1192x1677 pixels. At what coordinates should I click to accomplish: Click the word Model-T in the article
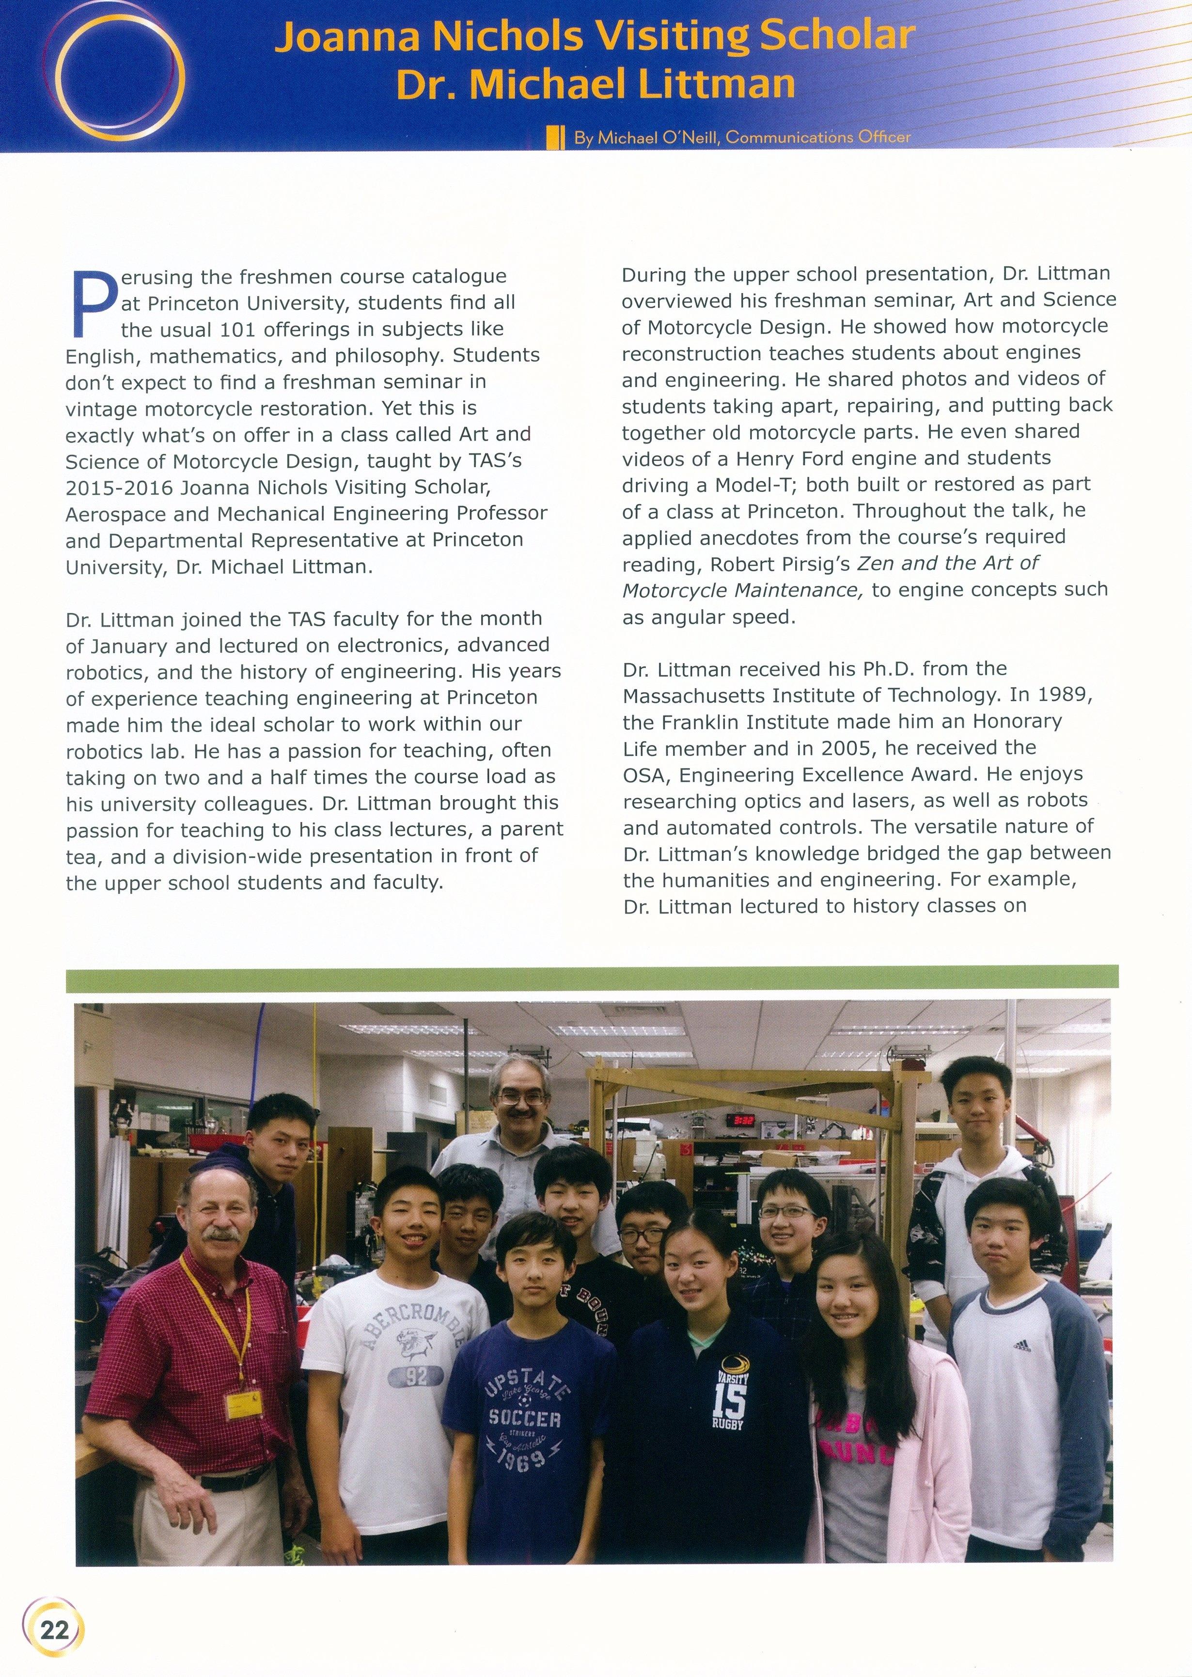pyautogui.click(x=756, y=485)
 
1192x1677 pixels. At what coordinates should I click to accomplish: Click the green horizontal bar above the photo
pyautogui.click(x=592, y=977)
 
